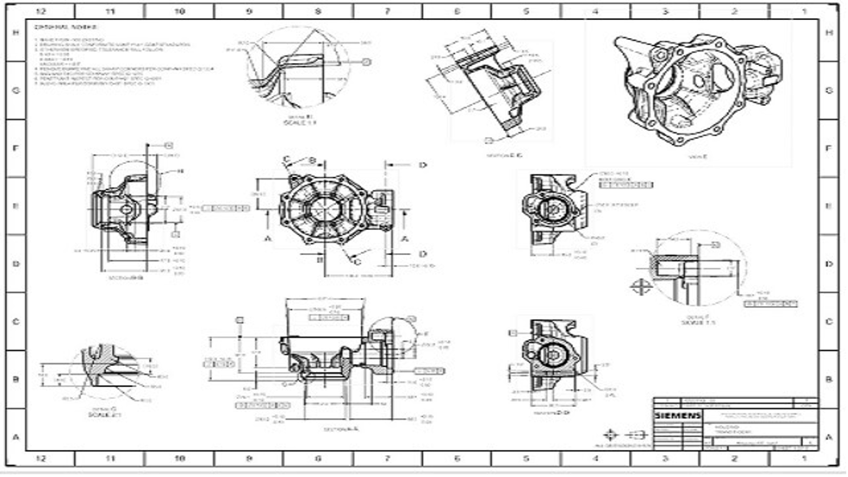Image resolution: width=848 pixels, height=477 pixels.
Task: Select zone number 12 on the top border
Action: click(40, 11)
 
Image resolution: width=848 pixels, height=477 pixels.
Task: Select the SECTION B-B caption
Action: click(126, 278)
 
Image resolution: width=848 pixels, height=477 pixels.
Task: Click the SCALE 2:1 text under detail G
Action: click(102, 415)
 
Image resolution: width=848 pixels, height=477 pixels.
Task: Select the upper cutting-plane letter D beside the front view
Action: click(423, 165)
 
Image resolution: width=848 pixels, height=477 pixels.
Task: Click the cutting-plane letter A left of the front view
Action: click(267, 237)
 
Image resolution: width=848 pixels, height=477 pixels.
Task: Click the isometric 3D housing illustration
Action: click(686, 87)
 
